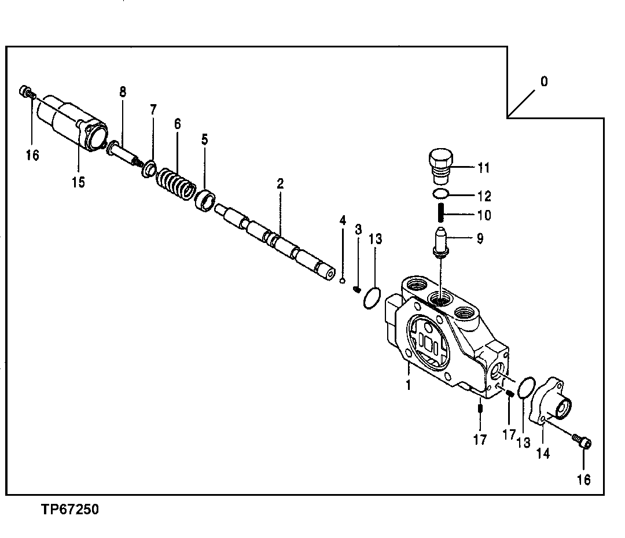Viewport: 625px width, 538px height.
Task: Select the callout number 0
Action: coord(543,82)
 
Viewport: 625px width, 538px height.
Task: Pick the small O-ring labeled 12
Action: coord(441,194)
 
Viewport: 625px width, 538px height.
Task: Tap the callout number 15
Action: coord(78,182)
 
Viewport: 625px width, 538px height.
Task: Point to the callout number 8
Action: coord(123,91)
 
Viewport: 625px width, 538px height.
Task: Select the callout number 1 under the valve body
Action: coord(407,385)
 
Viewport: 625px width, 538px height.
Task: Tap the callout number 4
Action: coord(343,221)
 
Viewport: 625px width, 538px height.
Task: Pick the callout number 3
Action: coord(358,230)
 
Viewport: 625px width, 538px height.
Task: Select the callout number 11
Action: coord(484,168)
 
